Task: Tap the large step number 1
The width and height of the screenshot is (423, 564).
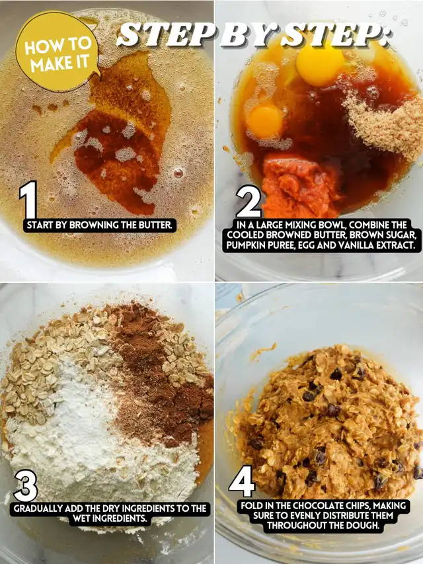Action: (x=28, y=200)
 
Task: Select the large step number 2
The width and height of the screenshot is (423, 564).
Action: (x=249, y=202)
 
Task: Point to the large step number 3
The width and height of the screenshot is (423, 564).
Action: (x=26, y=485)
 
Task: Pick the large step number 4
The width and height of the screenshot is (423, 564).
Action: (x=242, y=481)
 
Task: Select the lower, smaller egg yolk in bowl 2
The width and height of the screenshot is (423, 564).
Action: (x=265, y=121)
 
